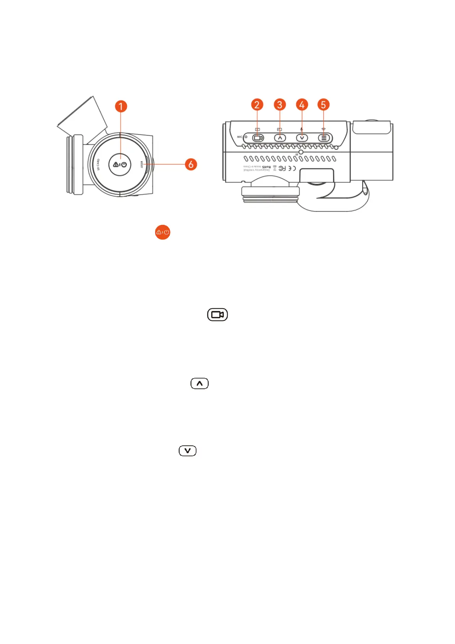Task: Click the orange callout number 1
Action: click(x=121, y=106)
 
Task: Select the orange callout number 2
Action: click(x=257, y=105)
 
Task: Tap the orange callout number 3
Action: click(x=280, y=105)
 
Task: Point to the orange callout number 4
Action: click(x=302, y=105)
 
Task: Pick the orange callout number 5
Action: click(x=323, y=105)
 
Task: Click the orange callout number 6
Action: click(x=191, y=164)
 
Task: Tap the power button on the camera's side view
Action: click(x=120, y=164)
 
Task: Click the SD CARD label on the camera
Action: click(x=98, y=165)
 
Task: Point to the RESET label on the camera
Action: click(x=141, y=164)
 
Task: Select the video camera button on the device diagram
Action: click(x=258, y=138)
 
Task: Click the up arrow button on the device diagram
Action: click(x=280, y=138)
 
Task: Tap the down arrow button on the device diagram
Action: click(x=302, y=138)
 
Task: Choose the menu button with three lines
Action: click(x=324, y=138)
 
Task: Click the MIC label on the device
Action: click(x=240, y=137)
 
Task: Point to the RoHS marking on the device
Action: click(x=266, y=167)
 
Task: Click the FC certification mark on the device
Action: click(x=282, y=168)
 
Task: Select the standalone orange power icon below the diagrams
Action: click(x=163, y=232)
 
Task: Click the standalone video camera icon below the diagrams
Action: click(x=217, y=314)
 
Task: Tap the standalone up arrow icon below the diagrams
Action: click(x=199, y=383)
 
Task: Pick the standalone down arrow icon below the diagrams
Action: click(x=188, y=450)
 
